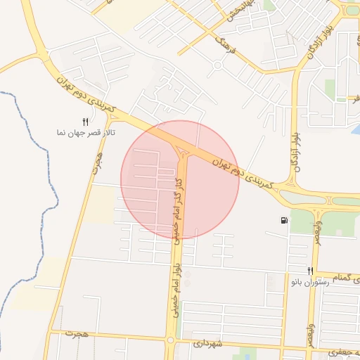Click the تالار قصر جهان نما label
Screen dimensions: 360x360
coord(86,132)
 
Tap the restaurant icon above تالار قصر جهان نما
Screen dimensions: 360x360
coord(86,122)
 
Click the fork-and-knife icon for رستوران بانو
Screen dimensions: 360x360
coord(310,271)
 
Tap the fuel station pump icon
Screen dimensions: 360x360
coord(284,221)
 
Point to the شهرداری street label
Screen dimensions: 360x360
coord(207,344)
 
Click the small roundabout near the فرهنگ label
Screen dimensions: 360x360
coord(218,65)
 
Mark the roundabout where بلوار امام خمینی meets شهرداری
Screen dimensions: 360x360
coord(170,340)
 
